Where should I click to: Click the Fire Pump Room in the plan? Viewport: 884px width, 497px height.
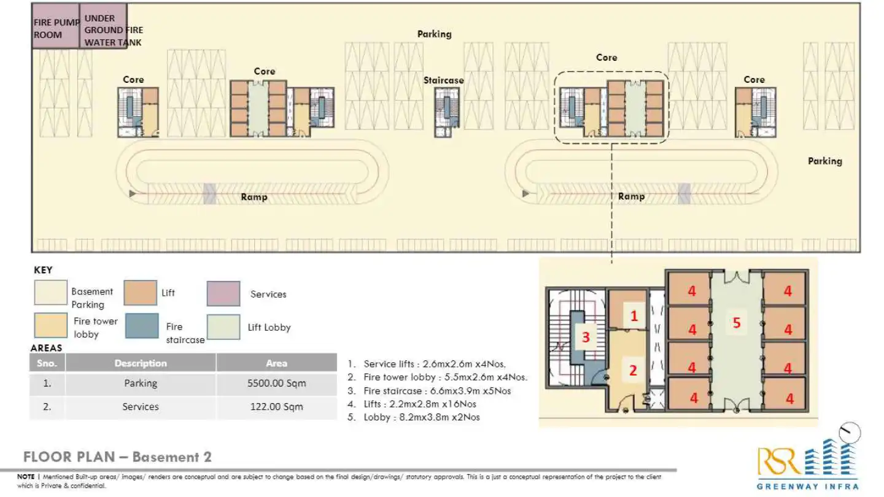(x=55, y=26)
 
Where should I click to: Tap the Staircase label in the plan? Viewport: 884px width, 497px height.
(x=443, y=80)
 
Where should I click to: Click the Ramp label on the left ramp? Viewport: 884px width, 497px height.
(x=254, y=197)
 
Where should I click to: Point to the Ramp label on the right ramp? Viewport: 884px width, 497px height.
(x=631, y=196)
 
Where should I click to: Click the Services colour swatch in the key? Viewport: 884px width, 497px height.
(x=223, y=294)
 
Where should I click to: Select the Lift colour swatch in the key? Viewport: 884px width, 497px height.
(x=140, y=293)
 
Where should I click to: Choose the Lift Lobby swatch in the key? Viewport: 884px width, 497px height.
(x=223, y=326)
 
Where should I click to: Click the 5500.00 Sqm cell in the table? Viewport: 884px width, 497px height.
(x=276, y=383)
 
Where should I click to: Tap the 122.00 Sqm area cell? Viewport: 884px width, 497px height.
(x=276, y=407)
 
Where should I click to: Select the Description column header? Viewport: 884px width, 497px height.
(x=141, y=363)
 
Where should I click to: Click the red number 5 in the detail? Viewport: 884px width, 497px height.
(x=737, y=323)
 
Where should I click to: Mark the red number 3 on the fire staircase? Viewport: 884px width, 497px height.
(x=586, y=337)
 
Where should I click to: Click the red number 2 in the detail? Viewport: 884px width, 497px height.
(x=633, y=370)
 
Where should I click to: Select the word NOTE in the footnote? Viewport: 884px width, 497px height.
(x=25, y=476)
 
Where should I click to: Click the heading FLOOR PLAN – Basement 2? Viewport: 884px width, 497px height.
(x=117, y=457)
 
